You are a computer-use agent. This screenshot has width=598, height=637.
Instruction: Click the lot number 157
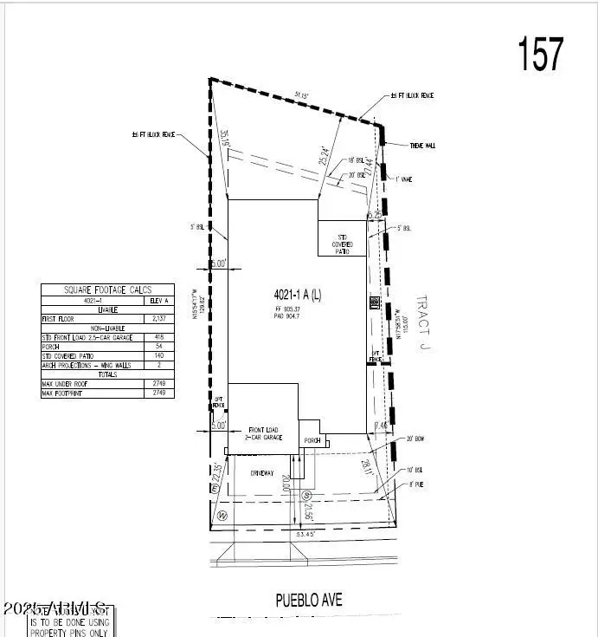(x=541, y=54)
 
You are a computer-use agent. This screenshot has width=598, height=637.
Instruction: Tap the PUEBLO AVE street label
(x=309, y=599)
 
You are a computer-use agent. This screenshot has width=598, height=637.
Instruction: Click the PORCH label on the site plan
(x=312, y=441)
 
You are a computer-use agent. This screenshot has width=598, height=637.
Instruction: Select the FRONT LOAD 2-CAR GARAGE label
(x=267, y=434)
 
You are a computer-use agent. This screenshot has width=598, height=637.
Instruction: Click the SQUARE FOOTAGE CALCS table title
(x=107, y=290)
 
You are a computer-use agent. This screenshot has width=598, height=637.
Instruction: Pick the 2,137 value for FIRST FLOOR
(x=158, y=319)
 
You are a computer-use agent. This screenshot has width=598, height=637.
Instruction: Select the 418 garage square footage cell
(x=158, y=336)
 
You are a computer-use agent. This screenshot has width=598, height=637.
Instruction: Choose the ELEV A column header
(x=159, y=301)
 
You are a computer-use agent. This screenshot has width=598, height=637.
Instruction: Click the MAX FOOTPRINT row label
(x=61, y=393)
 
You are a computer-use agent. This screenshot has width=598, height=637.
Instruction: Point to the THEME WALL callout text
(x=422, y=146)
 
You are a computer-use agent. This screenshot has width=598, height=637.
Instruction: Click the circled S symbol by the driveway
(x=307, y=496)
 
